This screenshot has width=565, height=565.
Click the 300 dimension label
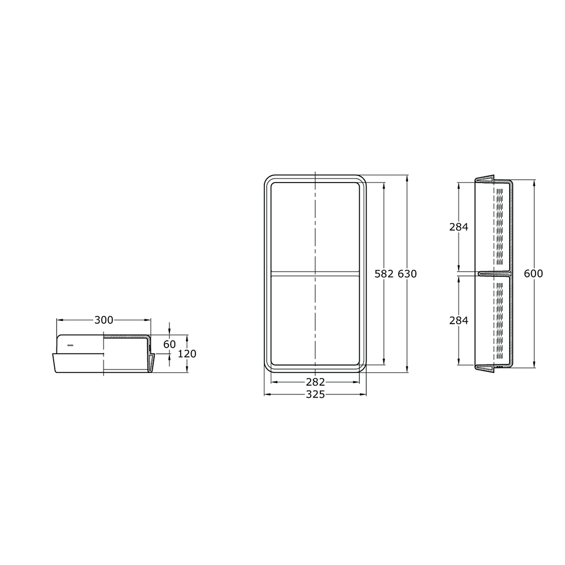pos(104,320)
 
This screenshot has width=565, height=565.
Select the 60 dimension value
pos(169,345)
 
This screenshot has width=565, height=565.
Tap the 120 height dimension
pos(187,354)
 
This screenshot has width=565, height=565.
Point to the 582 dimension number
pos(384,274)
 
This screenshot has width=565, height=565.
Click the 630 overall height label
pos(407,274)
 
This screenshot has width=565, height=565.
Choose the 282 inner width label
pos(315,381)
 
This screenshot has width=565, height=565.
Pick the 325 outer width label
pos(315,394)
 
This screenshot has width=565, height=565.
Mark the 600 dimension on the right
pos(533,273)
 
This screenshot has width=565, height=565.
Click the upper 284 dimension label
pos(459,227)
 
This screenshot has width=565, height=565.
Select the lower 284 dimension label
pos(459,320)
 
